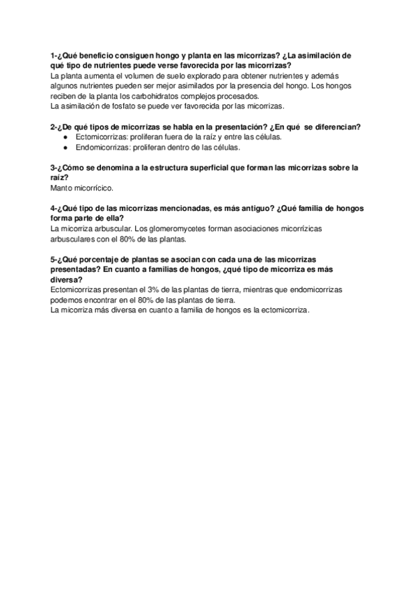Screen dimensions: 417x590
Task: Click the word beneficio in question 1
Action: click(x=100, y=55)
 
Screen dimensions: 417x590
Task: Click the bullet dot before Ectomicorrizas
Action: click(x=65, y=137)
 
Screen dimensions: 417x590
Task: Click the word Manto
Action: click(x=63, y=188)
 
